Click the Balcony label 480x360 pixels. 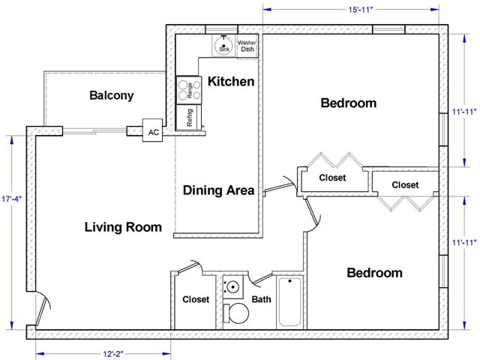(111, 96)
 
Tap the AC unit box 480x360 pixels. (154, 132)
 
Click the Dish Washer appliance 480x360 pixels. (247, 46)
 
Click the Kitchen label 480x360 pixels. (231, 82)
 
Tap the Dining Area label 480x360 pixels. (219, 190)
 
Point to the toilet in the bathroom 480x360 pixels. (237, 312)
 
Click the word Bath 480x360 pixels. (261, 300)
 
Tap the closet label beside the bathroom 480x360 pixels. (195, 300)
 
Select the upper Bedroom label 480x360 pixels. (348, 103)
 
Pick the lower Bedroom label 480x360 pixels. (375, 272)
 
